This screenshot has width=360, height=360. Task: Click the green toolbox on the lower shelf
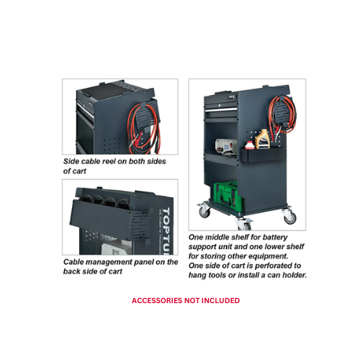pos(228,197)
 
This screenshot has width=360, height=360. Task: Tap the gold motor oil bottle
pos(262,139)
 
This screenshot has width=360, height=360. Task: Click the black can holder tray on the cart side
pos(263,156)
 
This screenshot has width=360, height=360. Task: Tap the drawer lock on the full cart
pos(220,105)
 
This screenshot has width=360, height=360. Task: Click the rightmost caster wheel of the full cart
pos(289,217)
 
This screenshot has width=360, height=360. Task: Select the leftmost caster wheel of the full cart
pos(204,210)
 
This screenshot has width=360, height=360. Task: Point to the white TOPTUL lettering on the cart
pos(166,230)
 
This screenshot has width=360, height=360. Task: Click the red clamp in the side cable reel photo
pos(135,141)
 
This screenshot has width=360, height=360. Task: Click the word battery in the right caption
pos(275,238)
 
